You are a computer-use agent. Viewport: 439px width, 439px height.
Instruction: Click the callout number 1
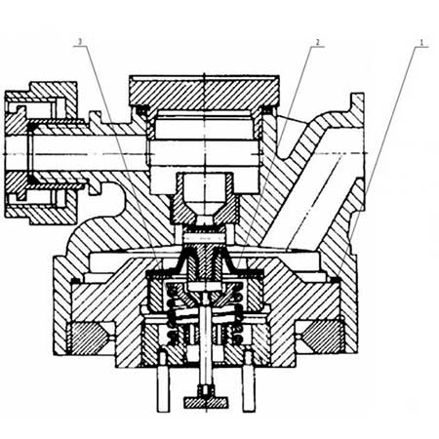tap(421, 42)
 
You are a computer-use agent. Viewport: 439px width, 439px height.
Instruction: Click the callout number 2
tap(317, 42)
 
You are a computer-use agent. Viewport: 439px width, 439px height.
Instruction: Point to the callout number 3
tap(80, 42)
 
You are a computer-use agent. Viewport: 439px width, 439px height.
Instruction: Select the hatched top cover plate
tap(204, 93)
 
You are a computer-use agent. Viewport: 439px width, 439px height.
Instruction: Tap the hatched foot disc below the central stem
tap(206, 403)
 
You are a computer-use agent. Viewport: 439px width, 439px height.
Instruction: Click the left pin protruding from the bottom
tap(163, 382)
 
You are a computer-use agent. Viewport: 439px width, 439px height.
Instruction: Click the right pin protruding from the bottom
tap(249, 382)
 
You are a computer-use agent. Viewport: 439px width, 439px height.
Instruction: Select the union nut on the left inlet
tap(42, 153)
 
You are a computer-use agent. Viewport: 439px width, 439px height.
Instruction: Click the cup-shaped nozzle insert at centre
tap(205, 198)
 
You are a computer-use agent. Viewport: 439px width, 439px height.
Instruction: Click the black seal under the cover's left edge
tap(141, 111)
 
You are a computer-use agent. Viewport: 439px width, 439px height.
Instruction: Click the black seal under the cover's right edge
tap(267, 111)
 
